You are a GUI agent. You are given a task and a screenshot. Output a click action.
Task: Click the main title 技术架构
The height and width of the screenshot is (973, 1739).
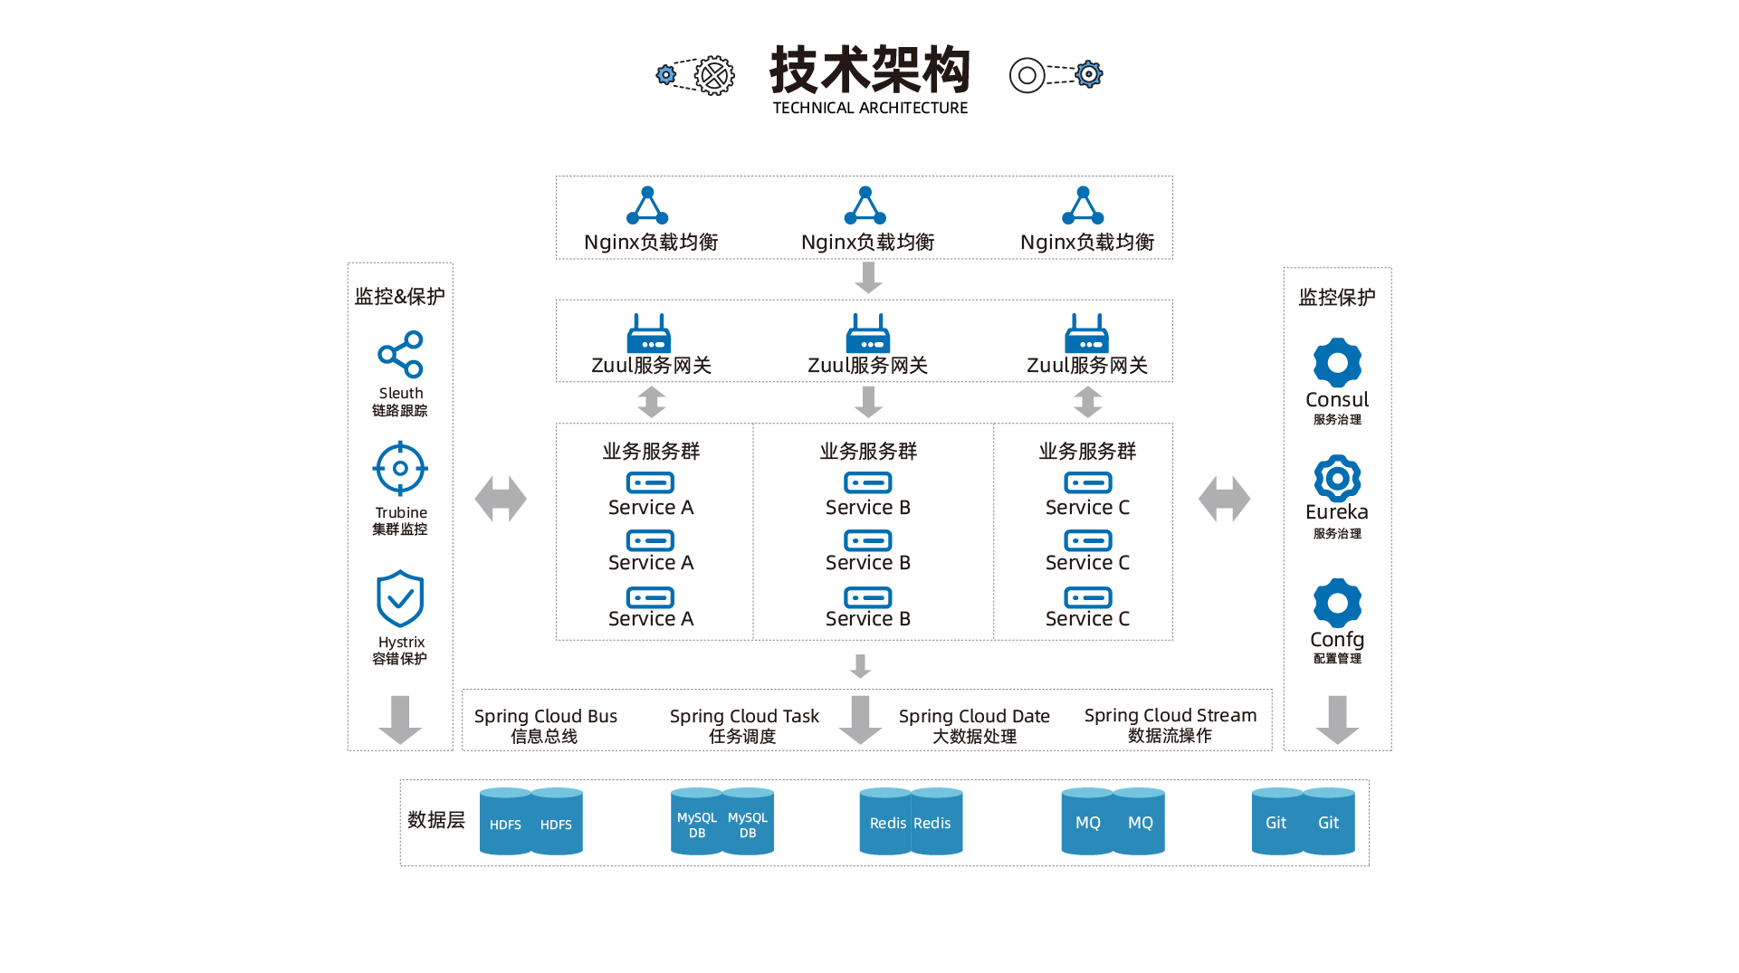(x=869, y=70)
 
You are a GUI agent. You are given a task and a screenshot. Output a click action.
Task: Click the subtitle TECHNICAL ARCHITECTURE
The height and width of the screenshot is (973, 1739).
(x=870, y=108)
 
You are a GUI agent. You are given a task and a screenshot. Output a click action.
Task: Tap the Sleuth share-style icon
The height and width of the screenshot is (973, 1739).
(x=400, y=354)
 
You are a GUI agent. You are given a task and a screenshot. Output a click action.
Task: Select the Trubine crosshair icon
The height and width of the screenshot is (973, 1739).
(x=400, y=469)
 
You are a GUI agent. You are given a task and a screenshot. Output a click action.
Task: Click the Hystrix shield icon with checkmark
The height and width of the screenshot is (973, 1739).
(x=400, y=598)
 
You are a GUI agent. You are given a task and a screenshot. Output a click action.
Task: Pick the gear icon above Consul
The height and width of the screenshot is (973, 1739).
(x=1337, y=362)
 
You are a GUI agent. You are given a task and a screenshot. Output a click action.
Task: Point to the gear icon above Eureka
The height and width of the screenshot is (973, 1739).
(x=1337, y=478)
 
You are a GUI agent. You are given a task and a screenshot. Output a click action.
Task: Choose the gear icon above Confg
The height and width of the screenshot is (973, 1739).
(x=1337, y=602)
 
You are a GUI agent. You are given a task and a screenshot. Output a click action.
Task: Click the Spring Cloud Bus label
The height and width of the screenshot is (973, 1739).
(x=546, y=716)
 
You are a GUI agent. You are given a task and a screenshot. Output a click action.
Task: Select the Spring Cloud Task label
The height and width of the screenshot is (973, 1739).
(x=744, y=716)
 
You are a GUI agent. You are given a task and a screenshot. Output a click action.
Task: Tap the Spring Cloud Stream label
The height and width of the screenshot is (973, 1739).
(x=1170, y=715)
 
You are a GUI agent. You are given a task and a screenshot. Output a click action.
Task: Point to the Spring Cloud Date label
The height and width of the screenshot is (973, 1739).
(x=974, y=716)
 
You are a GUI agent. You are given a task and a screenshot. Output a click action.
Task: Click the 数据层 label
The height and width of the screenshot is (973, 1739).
(x=436, y=819)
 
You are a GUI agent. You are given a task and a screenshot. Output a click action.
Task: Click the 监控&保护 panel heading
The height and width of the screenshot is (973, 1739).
(x=400, y=296)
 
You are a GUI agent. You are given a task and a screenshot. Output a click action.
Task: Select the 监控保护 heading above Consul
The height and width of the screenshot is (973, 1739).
(x=1337, y=297)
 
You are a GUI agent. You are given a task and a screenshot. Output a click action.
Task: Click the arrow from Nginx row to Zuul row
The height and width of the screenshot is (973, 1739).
(x=868, y=277)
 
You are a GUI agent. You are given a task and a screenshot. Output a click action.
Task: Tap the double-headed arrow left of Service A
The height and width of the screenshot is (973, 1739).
(x=501, y=499)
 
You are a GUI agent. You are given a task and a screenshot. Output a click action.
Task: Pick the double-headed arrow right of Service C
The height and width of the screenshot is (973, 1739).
(x=1224, y=499)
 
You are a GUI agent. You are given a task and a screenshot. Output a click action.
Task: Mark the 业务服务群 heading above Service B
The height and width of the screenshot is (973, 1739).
(x=868, y=451)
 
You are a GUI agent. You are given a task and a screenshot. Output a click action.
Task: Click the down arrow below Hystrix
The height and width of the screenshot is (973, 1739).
(x=400, y=720)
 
